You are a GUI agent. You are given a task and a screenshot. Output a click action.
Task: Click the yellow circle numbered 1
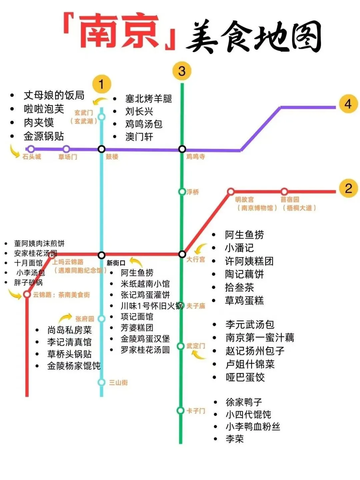101,84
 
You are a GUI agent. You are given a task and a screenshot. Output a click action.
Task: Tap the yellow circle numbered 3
182,71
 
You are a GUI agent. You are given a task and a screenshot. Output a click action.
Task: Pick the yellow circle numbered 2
348,189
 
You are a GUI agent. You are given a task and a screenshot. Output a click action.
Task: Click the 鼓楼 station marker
102,149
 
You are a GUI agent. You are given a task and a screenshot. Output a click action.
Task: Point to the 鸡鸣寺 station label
196,156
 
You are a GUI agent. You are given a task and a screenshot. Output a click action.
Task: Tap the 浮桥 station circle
182,192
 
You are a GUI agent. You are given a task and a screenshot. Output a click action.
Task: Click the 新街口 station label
116,263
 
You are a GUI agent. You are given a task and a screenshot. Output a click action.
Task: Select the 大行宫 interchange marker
182,254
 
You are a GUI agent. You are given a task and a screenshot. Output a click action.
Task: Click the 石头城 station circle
31,149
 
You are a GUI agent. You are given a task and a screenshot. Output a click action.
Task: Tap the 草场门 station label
68,157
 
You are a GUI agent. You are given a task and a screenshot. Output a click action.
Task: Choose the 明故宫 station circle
231,192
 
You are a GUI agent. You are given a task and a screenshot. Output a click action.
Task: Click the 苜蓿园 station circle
284,192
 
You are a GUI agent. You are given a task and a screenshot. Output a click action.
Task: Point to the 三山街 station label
118,382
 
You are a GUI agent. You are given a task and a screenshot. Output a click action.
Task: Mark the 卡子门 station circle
181,410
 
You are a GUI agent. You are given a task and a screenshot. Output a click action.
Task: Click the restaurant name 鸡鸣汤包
144,124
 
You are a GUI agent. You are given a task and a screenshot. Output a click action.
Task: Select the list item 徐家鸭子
244,402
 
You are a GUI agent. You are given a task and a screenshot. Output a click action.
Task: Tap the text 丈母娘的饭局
54,95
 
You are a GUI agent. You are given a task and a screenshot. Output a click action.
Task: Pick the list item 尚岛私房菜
69,330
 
